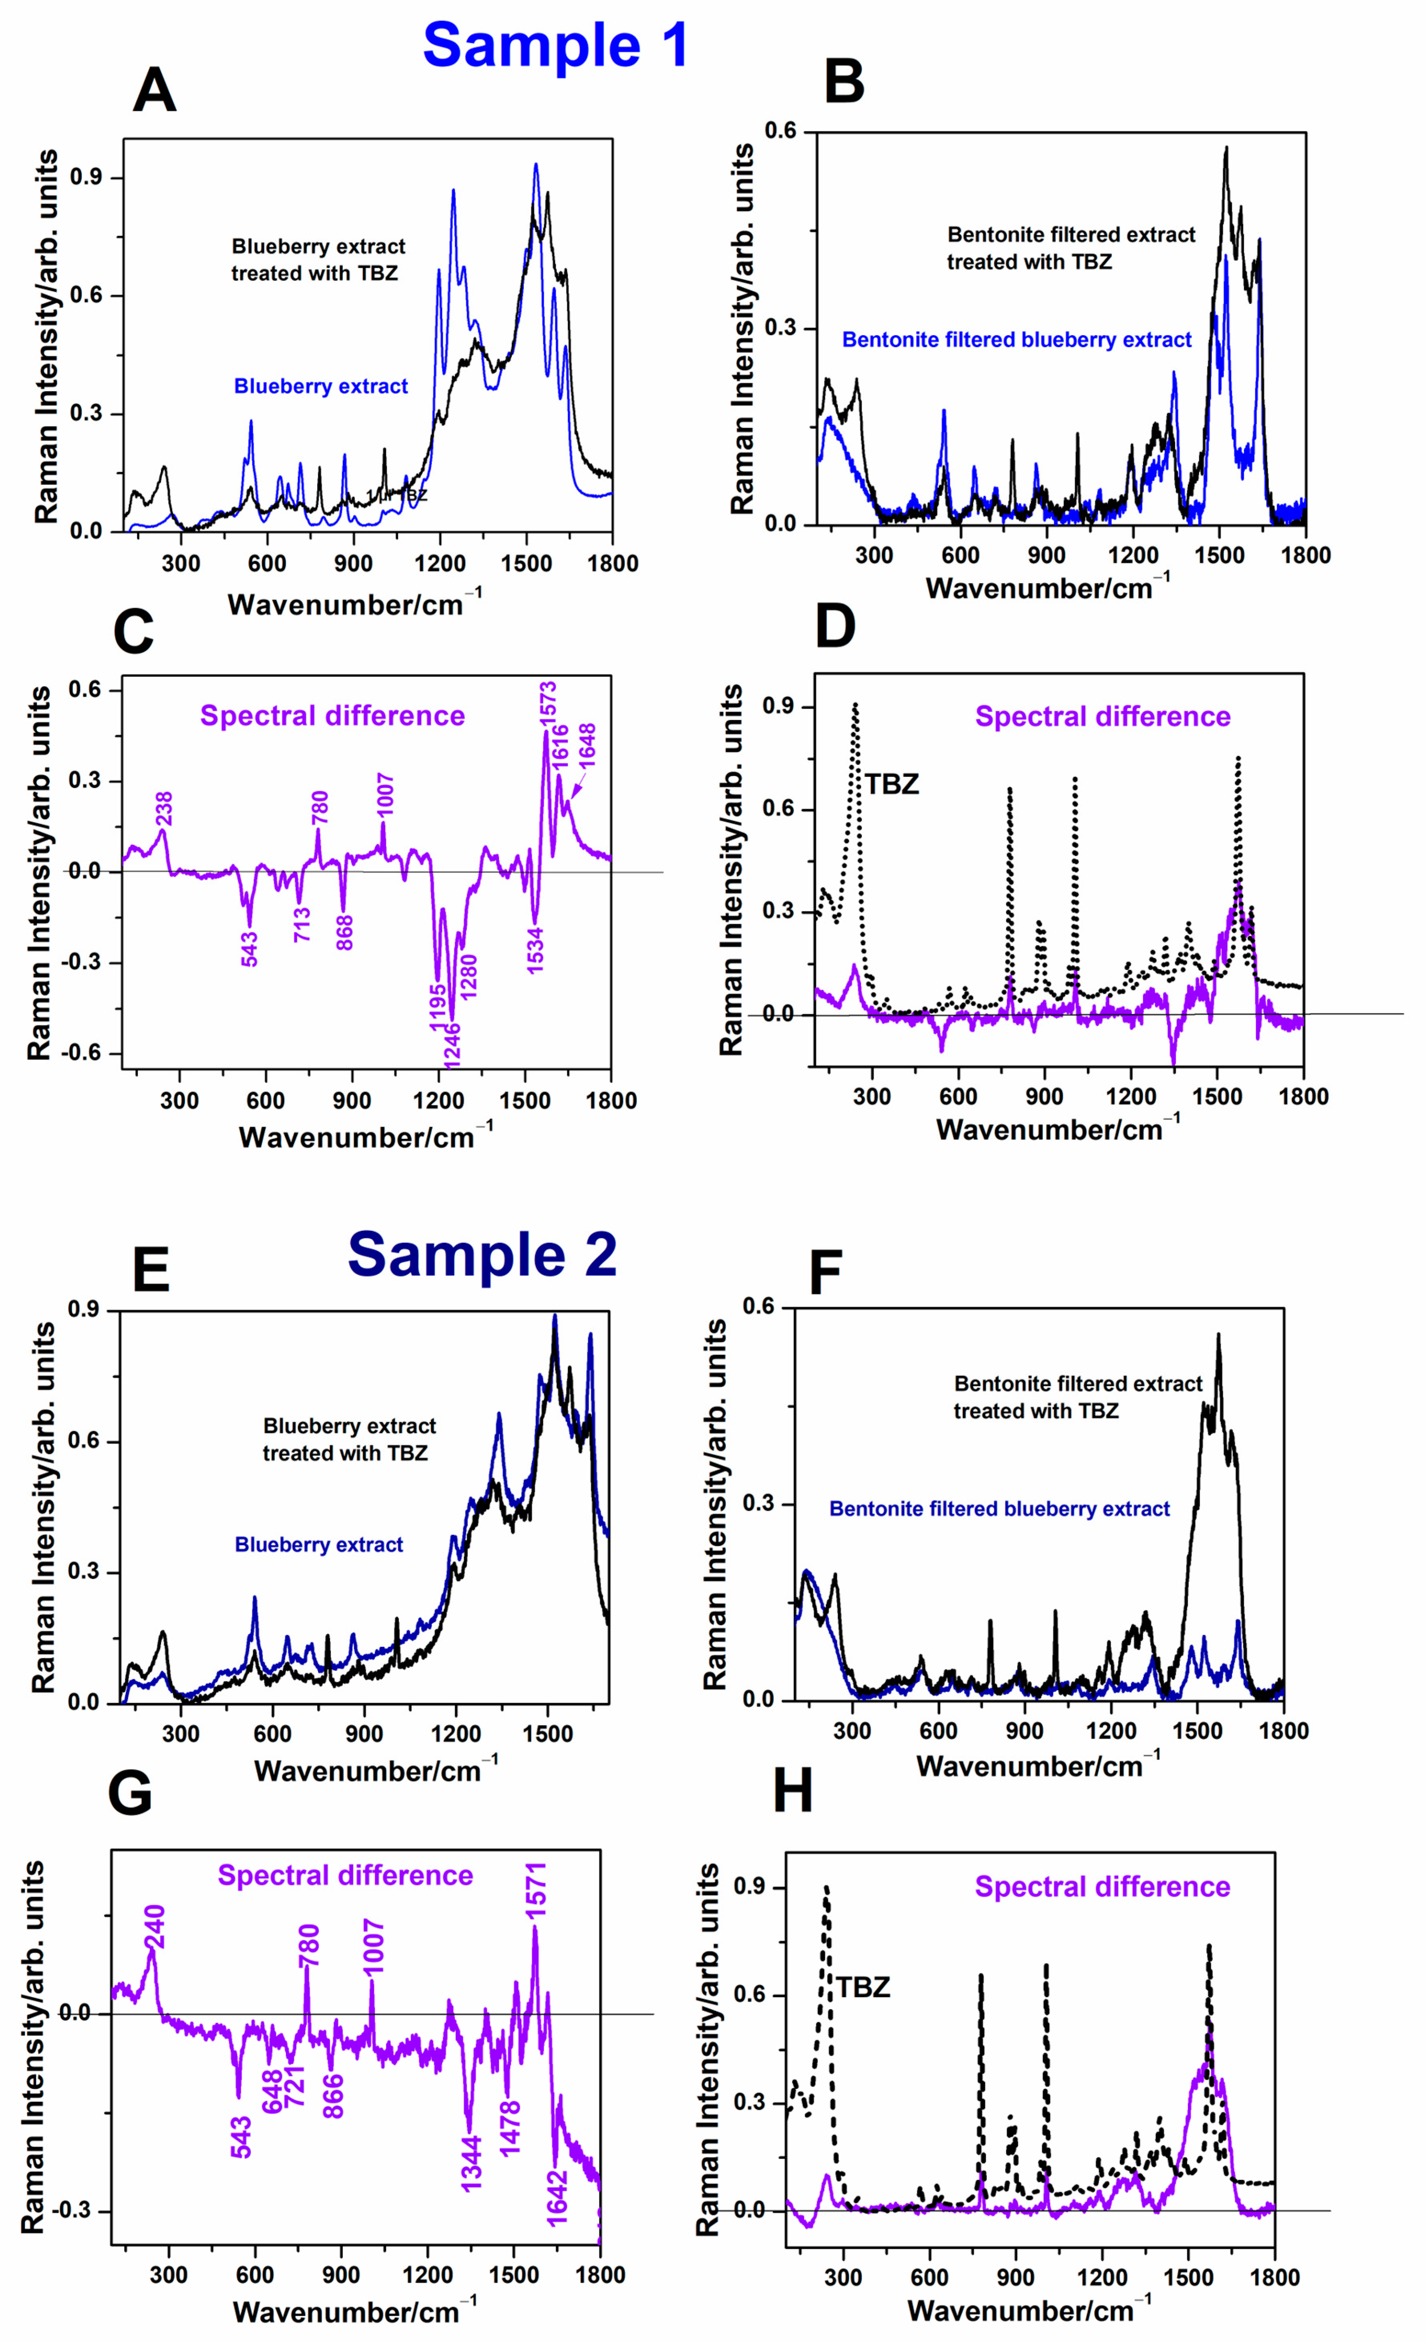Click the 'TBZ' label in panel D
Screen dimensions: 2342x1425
pos(892,784)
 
